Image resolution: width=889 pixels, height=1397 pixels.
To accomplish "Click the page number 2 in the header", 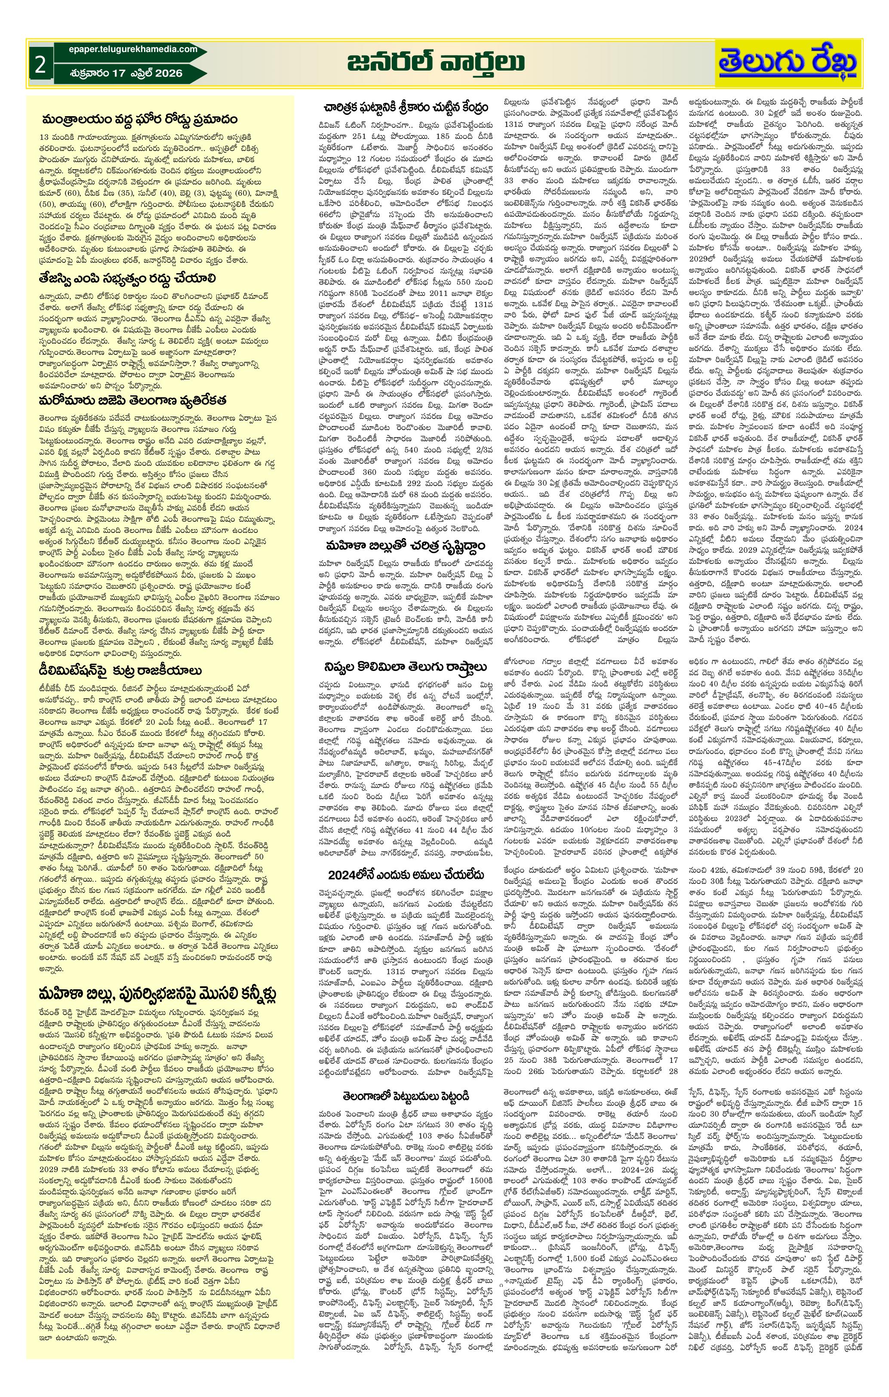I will pos(40,65).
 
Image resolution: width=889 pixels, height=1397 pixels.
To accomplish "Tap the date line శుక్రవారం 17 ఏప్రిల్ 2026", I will pos(125,73).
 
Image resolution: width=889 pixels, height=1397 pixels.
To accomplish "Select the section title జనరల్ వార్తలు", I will pos(435,63).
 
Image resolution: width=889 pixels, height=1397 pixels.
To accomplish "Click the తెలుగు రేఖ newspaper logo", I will pos(787,63).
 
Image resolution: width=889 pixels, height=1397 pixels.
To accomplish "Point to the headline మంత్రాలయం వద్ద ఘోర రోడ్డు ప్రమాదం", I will pos(139,120).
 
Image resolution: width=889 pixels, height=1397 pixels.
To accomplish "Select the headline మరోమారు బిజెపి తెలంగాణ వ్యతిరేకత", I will pos(133,400).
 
